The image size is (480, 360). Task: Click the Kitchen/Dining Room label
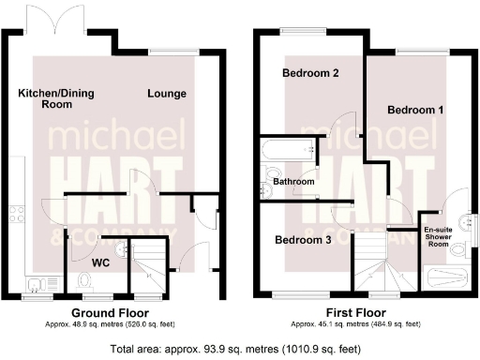[x=46, y=98]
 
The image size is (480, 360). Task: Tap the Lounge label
[x=167, y=94]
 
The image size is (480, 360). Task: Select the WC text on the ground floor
[x=101, y=263]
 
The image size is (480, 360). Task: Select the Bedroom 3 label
[x=302, y=240]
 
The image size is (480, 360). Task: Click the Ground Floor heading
[x=110, y=312]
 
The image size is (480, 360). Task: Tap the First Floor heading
[x=358, y=312]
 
